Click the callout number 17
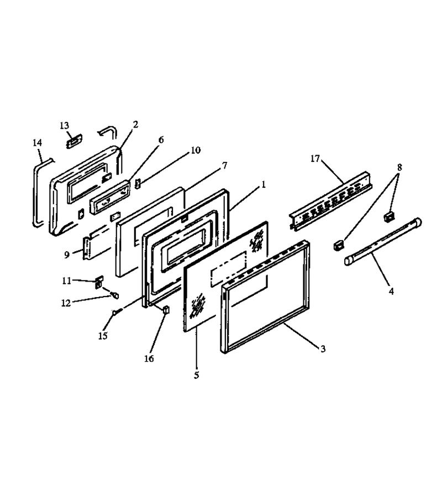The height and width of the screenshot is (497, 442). (x=315, y=158)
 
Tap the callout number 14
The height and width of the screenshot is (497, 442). (x=38, y=142)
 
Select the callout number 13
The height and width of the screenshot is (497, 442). (x=64, y=125)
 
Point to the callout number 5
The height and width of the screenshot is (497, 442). (x=197, y=376)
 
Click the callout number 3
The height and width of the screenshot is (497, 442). (x=323, y=349)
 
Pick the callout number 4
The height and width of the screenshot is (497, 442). (x=391, y=291)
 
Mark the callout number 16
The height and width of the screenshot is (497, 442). (x=149, y=358)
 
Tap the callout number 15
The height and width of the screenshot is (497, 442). (x=103, y=336)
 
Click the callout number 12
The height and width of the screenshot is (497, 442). (x=66, y=303)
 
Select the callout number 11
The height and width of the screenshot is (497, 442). (x=67, y=281)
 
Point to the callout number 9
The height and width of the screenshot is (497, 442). (x=67, y=255)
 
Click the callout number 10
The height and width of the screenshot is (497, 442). (x=196, y=150)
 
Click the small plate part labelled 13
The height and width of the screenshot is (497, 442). (x=74, y=141)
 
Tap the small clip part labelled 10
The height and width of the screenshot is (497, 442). (x=138, y=183)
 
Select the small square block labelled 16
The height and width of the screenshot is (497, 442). (x=166, y=309)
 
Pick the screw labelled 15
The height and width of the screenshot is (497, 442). (x=117, y=312)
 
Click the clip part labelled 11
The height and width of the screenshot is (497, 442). (x=99, y=282)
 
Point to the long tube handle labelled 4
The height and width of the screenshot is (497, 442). (x=383, y=241)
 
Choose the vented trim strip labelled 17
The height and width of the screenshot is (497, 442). (x=331, y=201)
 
